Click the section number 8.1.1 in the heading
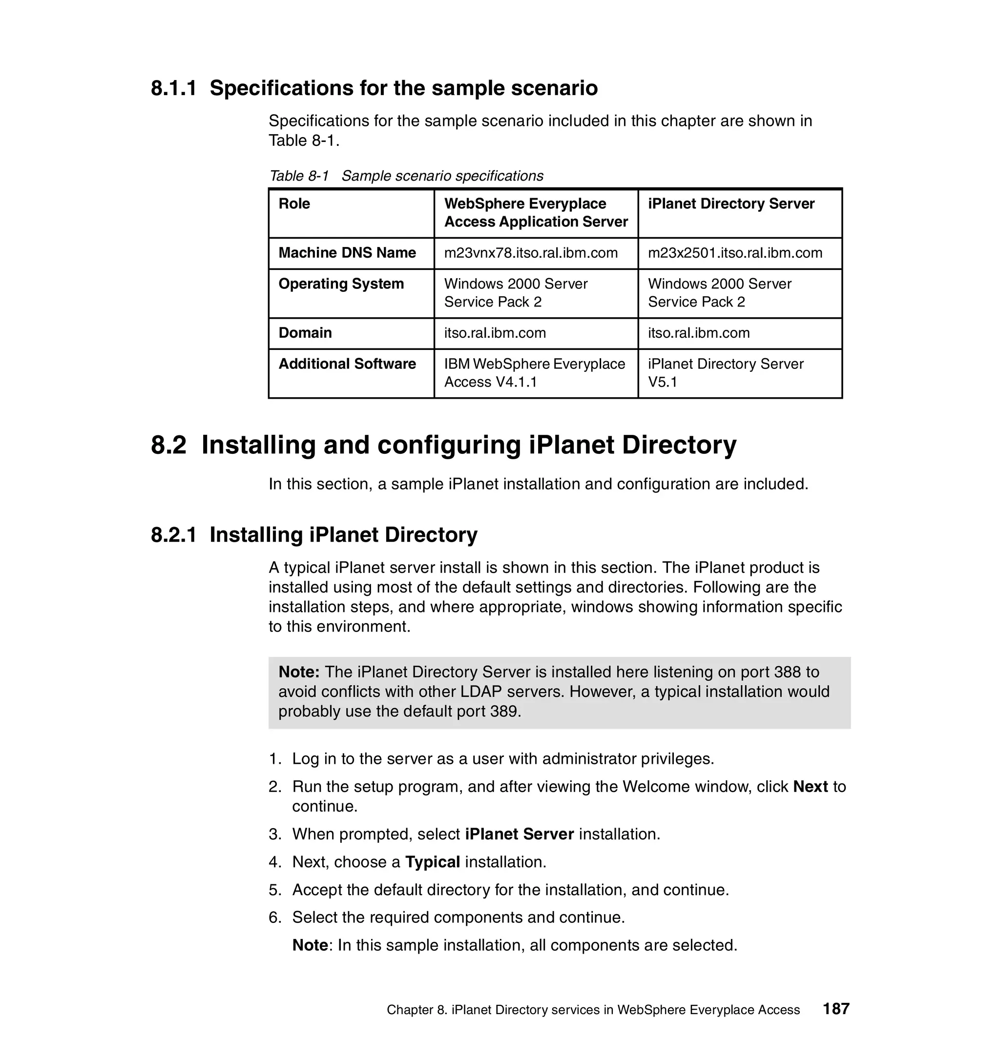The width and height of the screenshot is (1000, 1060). tap(173, 88)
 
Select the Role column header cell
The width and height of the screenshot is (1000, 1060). tap(294, 204)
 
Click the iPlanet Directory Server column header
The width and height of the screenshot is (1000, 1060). tap(730, 204)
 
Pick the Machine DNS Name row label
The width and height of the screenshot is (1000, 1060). tap(347, 253)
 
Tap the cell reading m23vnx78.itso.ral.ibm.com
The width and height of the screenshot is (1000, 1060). tap(531, 253)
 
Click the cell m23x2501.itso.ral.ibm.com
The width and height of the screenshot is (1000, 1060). tap(735, 253)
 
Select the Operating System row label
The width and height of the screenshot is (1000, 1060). tap(341, 284)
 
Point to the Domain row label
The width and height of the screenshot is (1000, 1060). tap(305, 333)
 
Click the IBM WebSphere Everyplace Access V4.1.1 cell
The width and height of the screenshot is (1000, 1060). tap(534, 373)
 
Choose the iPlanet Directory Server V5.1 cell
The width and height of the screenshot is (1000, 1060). tap(725, 373)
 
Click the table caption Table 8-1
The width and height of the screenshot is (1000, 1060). tap(299, 176)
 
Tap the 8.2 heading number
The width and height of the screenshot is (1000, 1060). tap(168, 445)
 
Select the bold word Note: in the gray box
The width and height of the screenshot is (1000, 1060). tap(299, 672)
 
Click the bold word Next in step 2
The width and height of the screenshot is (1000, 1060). tap(810, 787)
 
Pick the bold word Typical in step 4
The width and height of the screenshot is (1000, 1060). tap(433, 862)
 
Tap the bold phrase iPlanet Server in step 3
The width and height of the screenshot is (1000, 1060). tap(519, 834)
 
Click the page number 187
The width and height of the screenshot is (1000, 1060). tap(836, 1009)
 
